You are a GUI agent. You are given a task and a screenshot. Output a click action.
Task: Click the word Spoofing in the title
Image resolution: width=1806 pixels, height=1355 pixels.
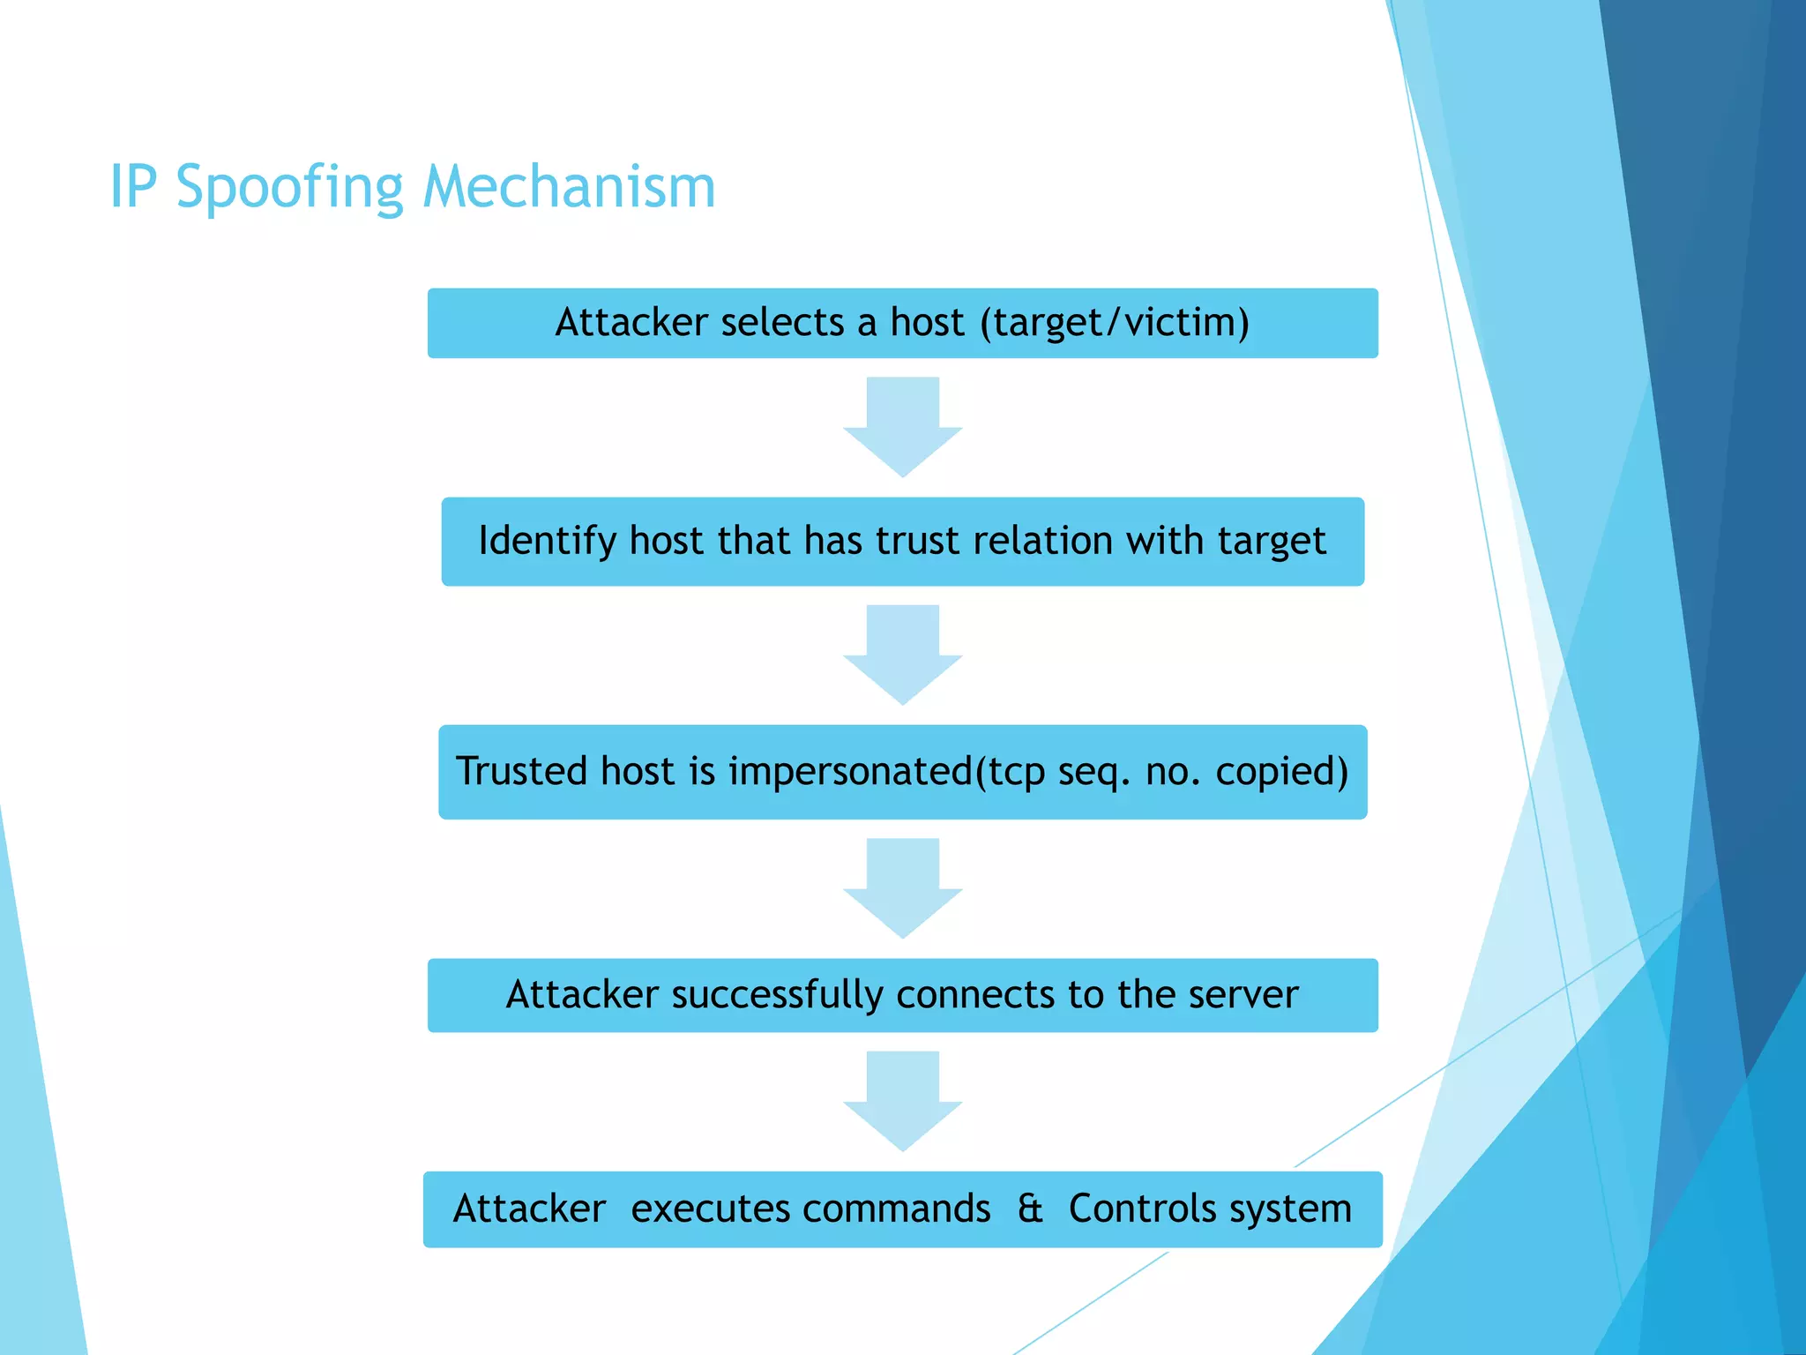click(289, 188)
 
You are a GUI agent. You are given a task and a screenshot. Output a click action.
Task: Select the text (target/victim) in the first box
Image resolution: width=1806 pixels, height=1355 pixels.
click(1115, 323)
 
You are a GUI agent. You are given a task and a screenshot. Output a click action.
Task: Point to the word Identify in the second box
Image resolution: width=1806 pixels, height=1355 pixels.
click(547, 542)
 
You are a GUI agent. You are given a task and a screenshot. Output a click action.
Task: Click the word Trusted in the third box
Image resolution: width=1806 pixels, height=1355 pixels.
click(521, 771)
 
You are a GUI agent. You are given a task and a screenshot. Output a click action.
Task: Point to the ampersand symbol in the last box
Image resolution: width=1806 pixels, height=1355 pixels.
click(1030, 1209)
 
